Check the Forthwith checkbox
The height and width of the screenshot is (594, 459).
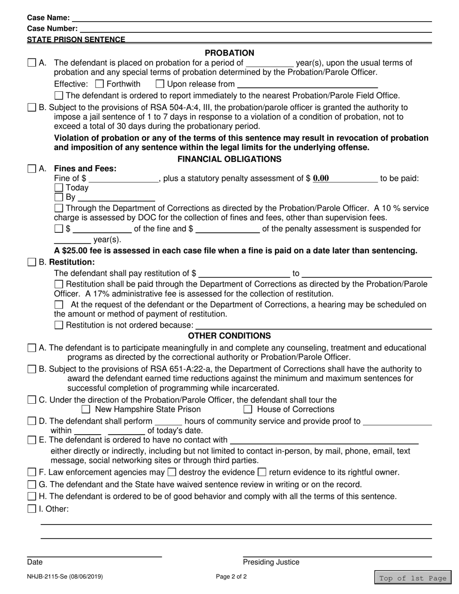click(x=100, y=84)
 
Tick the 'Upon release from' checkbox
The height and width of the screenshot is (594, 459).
click(x=160, y=84)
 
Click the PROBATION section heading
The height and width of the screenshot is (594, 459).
click(x=229, y=53)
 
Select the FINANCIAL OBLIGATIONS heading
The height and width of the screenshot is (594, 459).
click(x=229, y=159)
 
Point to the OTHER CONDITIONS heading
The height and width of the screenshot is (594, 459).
click(x=229, y=336)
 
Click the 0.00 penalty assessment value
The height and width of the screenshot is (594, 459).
click(x=321, y=178)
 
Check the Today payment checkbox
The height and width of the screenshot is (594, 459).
click(x=58, y=188)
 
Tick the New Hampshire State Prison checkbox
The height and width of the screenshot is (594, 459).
click(x=86, y=410)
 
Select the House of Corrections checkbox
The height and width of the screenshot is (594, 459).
click(x=248, y=410)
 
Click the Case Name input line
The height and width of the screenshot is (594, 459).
click(x=251, y=18)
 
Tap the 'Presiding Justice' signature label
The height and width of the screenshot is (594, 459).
click(x=271, y=562)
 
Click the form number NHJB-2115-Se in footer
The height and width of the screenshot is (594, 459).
click(x=64, y=576)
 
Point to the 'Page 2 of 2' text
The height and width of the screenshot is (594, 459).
click(x=231, y=576)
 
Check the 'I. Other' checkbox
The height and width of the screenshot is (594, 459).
click(x=32, y=508)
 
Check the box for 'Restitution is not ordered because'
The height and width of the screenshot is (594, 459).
click(x=58, y=325)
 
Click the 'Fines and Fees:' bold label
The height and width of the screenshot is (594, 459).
click(x=85, y=169)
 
